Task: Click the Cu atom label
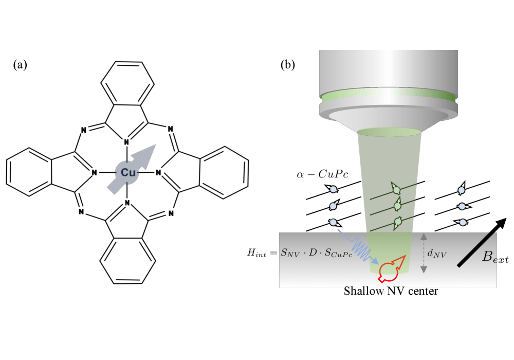point(127,173)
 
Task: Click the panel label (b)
point(288,65)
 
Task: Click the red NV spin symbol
point(389,269)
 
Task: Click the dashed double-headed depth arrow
point(423,253)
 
